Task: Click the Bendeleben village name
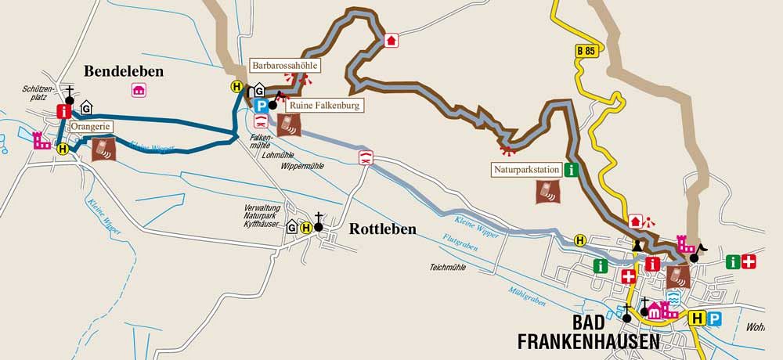coord(124,71)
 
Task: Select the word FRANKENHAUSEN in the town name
coord(589,342)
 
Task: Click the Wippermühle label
coord(280,167)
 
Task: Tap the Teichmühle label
coord(448,267)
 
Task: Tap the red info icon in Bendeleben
coord(64,112)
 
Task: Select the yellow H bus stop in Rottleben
coord(306,227)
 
